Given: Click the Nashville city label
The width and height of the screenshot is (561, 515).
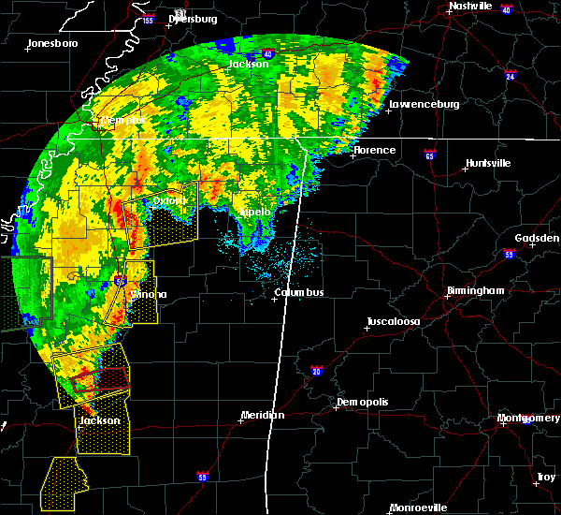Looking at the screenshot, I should (x=470, y=6).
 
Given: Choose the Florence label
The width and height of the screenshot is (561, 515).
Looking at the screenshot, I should (x=374, y=150).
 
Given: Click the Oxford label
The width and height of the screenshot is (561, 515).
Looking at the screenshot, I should (x=169, y=200).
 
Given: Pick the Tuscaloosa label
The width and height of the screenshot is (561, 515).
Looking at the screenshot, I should (x=393, y=321).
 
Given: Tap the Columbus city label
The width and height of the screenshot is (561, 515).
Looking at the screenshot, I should (x=298, y=293).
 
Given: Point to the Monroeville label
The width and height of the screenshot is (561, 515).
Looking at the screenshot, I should (x=418, y=507).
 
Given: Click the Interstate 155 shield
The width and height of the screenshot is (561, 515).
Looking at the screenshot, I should (x=148, y=19).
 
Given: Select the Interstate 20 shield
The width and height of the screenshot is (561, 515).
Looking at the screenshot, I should (x=317, y=372).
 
